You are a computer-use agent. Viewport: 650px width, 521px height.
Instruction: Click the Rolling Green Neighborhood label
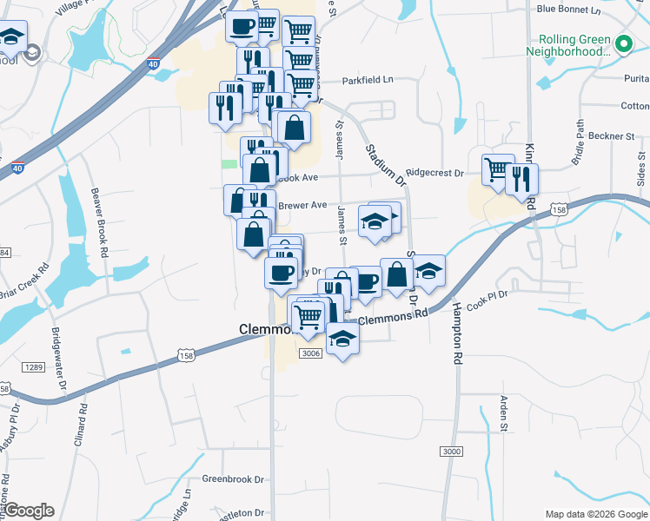pos(574,45)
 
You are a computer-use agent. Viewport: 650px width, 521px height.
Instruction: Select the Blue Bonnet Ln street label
pos(568,9)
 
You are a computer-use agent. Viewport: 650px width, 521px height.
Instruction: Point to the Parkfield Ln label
pos(368,79)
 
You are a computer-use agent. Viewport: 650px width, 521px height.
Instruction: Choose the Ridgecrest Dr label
pos(434,173)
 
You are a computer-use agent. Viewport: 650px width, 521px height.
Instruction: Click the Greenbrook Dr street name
pos(231,478)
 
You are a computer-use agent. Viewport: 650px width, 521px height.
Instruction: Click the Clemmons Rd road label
pos(393,319)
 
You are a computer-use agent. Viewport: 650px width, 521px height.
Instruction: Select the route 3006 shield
pos(310,353)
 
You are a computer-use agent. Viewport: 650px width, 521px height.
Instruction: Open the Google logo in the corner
pos(30,511)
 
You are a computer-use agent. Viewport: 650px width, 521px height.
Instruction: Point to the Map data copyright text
pos(595,513)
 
